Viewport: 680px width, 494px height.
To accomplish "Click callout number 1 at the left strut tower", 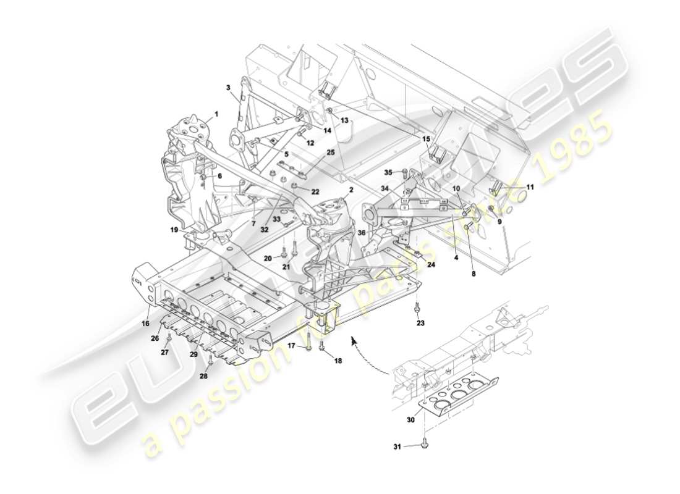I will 216,114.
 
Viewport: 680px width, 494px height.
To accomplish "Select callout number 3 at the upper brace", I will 228,88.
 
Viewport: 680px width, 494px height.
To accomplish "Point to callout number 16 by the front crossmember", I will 145,322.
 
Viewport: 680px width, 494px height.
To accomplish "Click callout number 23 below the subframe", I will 420,322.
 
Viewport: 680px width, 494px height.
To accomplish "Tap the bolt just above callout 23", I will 418,307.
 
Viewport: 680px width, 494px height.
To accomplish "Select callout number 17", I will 291,346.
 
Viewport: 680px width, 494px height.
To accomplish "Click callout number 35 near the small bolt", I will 388,172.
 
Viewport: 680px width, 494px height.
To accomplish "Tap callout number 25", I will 331,152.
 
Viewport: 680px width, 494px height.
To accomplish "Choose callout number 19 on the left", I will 175,230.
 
